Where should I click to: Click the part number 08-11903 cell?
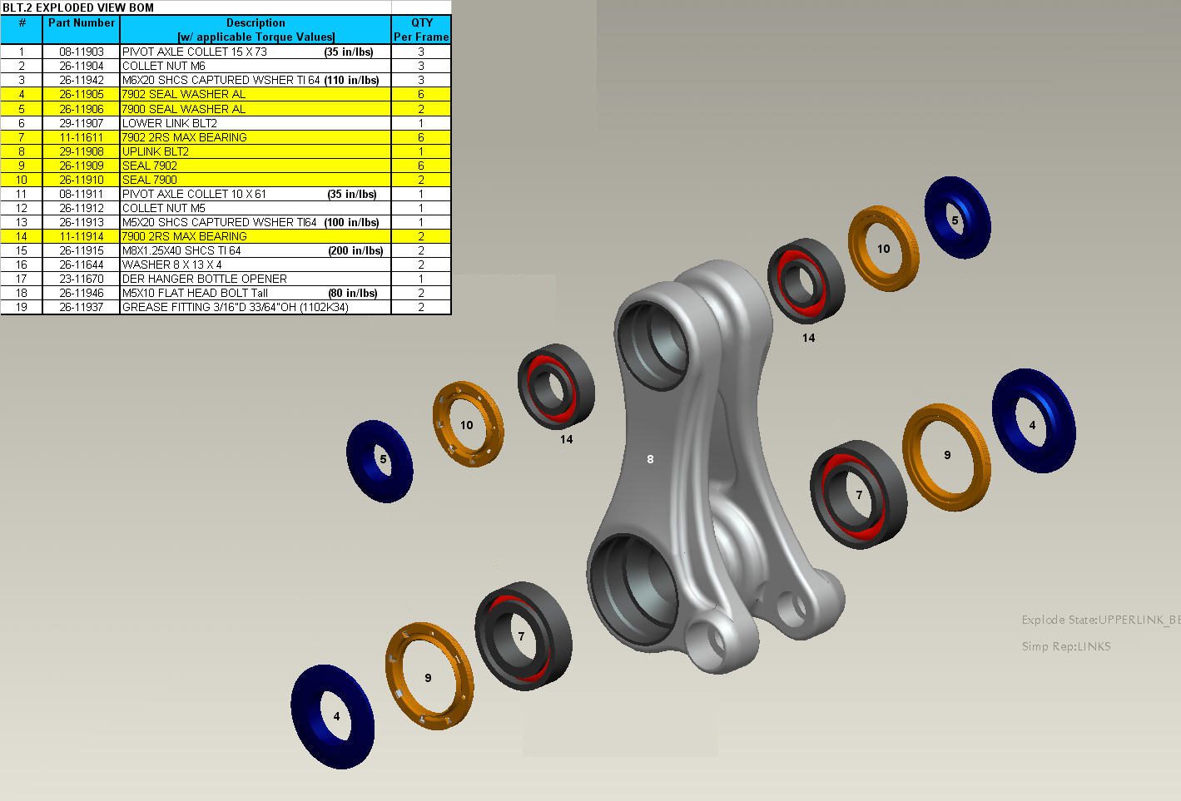(82, 52)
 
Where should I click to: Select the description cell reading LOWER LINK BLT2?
(256, 123)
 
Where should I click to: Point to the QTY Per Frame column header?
(421, 29)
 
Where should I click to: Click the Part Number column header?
(82, 23)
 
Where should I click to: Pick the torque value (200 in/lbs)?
(355, 251)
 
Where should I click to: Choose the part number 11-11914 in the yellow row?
(82, 236)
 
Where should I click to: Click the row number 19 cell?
(21, 307)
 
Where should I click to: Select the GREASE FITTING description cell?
(256, 307)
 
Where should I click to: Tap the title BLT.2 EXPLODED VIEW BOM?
(78, 7)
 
